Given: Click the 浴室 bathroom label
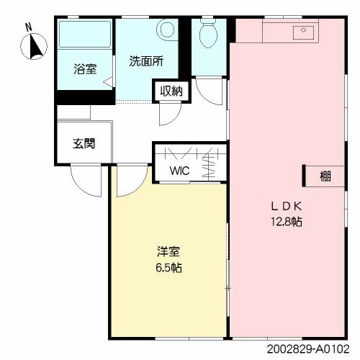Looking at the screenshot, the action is [85, 69].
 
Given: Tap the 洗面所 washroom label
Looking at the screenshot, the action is [146, 61].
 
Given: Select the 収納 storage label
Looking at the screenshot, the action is [171, 91].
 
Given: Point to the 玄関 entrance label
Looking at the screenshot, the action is [84, 143].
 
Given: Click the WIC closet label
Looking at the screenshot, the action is [179, 171].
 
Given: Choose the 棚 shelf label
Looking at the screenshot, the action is [325, 176].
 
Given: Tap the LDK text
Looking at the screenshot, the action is [286, 207].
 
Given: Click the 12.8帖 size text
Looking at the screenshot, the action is [287, 222].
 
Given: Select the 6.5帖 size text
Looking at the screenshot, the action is [168, 268].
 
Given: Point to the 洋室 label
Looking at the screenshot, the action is [168, 251].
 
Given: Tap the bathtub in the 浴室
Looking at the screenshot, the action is [85, 35].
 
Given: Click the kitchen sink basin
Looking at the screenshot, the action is [303, 32].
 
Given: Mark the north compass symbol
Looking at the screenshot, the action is [34, 46].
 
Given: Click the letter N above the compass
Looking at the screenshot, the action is [29, 27].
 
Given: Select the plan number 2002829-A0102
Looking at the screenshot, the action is [308, 348].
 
